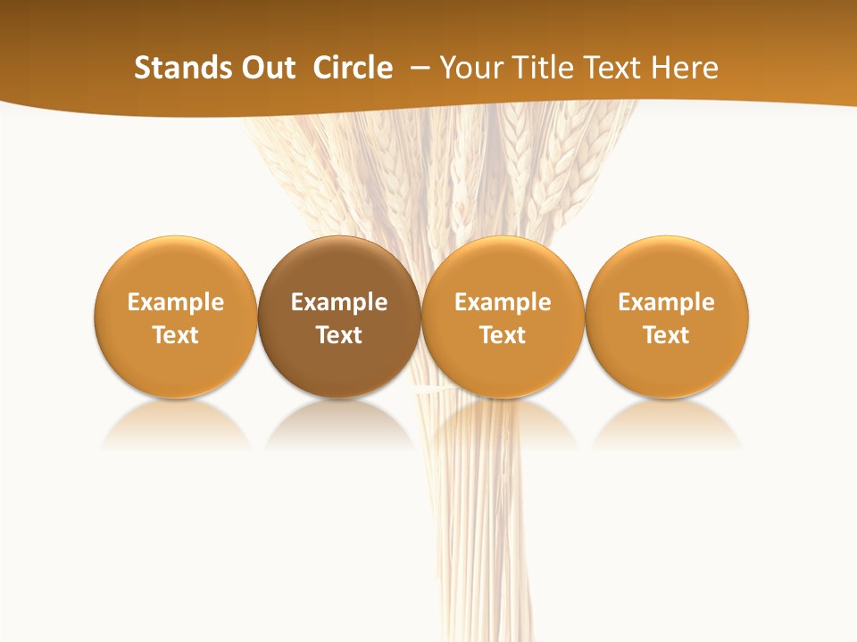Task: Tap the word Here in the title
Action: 685,68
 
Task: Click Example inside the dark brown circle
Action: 339,302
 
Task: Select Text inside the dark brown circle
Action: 339,335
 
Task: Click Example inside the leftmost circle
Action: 176,302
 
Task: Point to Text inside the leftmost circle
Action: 176,335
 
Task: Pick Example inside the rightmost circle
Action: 667,302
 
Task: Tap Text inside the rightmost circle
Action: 667,335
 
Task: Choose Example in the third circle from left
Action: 503,302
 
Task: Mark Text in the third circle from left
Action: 503,335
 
